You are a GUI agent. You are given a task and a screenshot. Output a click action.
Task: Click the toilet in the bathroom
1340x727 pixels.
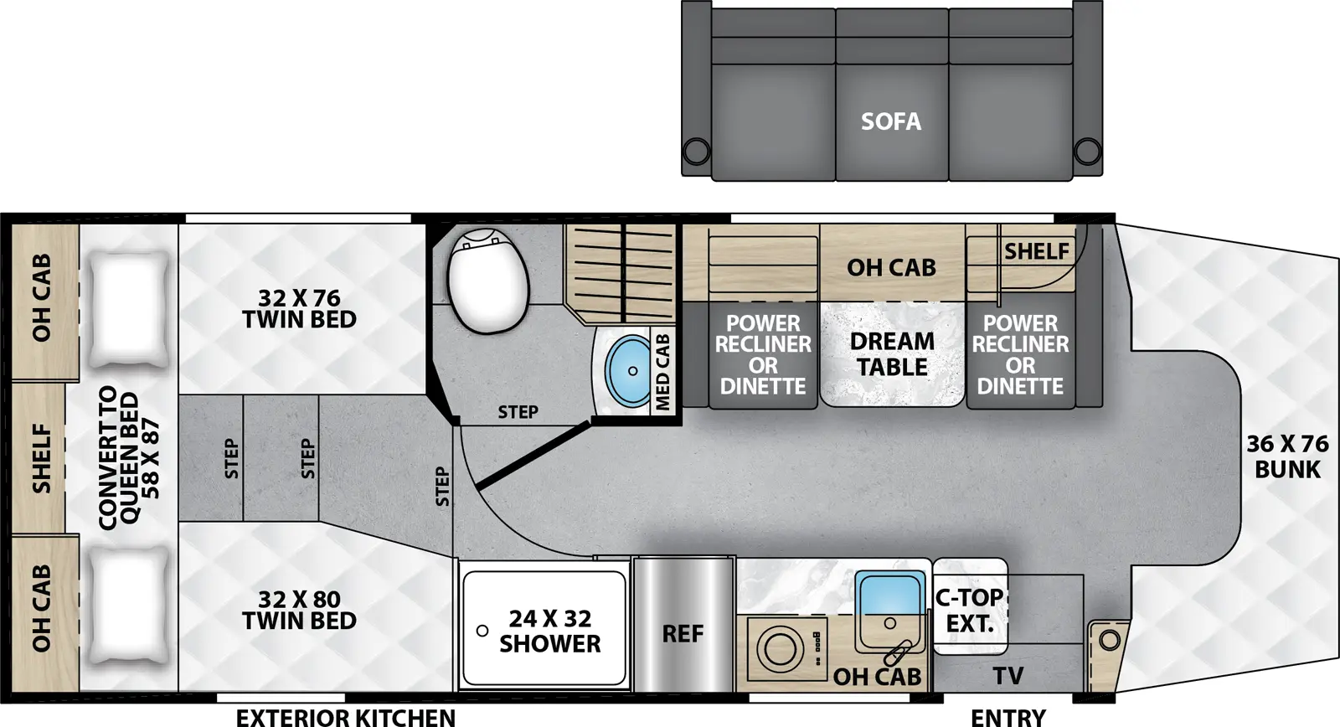488,280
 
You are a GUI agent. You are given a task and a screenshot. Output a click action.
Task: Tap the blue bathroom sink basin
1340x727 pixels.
628,370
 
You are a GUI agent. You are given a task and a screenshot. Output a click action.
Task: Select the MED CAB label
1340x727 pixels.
662,372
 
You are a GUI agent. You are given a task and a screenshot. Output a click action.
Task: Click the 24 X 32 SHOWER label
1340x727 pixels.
549,631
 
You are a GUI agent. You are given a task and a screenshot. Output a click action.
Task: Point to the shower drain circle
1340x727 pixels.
482,631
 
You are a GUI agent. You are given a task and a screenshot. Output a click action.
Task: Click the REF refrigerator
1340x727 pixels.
683,634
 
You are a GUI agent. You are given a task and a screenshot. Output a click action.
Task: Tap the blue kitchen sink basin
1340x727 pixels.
890,596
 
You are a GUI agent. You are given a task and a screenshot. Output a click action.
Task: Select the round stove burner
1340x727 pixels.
779,648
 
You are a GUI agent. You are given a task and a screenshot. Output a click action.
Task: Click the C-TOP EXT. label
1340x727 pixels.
969,611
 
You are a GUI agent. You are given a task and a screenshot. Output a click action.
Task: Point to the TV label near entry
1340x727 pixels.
1008,676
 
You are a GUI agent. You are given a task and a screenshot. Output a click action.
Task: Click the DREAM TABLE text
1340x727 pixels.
892,354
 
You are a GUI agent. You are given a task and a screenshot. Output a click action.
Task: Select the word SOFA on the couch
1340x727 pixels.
891,122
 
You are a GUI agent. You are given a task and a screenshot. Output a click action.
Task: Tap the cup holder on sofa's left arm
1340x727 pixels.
696,152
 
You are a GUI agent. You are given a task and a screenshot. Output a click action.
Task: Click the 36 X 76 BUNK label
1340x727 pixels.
1287,456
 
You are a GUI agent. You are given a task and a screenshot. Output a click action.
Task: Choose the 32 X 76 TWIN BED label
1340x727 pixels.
299,309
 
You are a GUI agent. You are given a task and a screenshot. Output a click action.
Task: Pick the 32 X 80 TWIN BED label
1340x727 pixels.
299,610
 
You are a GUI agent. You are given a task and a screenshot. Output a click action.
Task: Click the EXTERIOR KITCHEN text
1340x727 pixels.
346,717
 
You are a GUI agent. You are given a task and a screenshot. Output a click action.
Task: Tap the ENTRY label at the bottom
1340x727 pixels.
1008,717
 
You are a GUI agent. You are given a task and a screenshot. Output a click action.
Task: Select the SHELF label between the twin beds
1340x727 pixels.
41,458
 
